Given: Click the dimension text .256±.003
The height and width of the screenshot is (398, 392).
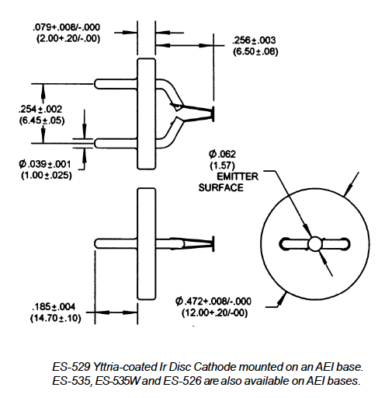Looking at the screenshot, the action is click(x=254, y=40).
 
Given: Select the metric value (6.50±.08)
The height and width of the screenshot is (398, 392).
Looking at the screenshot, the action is click(x=255, y=51).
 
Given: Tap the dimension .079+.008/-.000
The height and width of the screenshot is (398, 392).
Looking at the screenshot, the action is click(x=66, y=27).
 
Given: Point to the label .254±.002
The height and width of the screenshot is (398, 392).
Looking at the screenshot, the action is click(x=40, y=109).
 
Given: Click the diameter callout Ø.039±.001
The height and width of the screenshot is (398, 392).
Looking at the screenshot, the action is click(x=44, y=164).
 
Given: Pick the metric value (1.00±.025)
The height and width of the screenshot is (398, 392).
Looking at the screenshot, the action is click(x=47, y=176).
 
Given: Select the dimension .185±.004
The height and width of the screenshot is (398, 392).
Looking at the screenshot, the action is click(x=54, y=306).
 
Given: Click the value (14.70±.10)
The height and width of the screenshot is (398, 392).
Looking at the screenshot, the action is click(x=56, y=318).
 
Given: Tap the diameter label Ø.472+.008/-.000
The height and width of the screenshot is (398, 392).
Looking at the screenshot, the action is click(x=213, y=302).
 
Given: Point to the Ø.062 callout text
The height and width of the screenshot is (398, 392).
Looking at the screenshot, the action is click(x=222, y=154).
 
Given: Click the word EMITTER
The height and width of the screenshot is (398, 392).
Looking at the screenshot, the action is click(x=238, y=176).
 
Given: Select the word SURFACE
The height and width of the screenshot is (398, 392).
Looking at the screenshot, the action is click(x=221, y=187).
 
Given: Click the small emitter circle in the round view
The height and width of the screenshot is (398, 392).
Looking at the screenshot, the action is click(x=314, y=244).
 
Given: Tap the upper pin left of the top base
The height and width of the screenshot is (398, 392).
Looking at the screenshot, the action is click(x=116, y=84).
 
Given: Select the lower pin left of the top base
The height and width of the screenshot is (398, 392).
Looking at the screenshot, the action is click(x=116, y=143).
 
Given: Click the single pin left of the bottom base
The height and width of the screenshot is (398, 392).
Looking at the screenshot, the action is click(x=116, y=243).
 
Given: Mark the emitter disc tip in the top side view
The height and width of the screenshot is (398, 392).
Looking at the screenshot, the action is click(x=213, y=113).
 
